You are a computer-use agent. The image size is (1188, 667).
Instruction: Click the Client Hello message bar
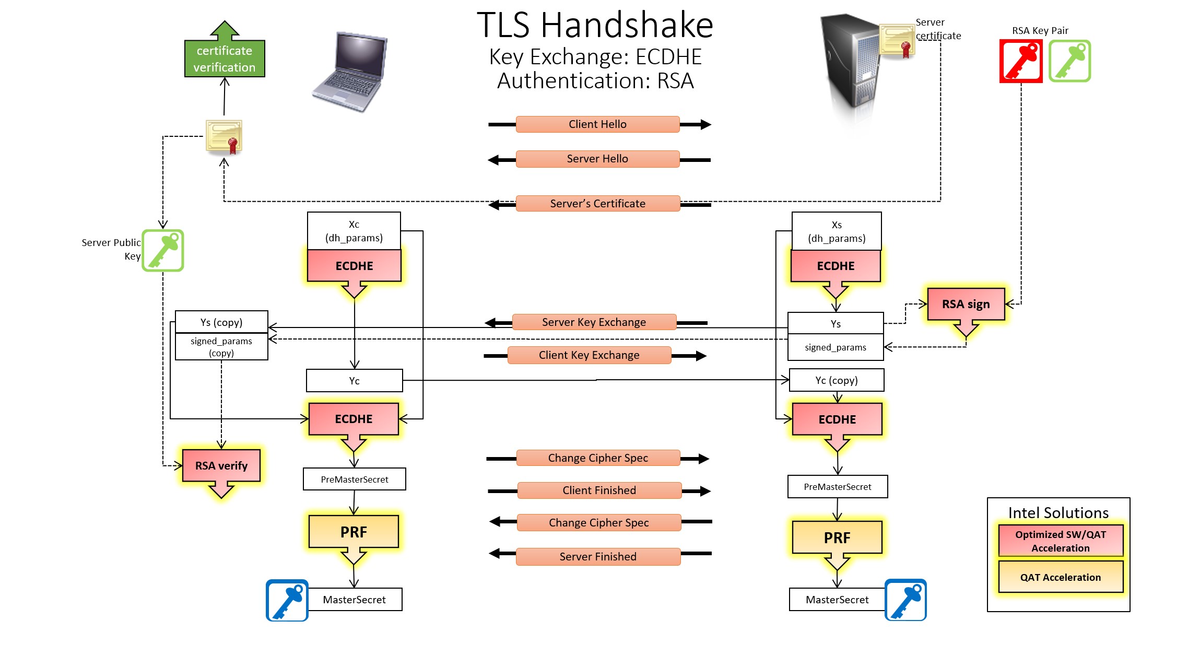coord(597,124)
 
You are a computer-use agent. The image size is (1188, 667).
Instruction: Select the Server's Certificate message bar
coord(597,204)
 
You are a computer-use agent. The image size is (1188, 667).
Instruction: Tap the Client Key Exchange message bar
coord(589,355)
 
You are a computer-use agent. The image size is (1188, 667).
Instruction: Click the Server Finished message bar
coord(598,557)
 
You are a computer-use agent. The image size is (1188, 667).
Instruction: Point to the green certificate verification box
coord(225,58)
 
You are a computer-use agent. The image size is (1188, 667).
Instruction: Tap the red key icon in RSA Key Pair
coord(1021,61)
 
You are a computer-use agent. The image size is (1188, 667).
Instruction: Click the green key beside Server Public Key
coord(163,251)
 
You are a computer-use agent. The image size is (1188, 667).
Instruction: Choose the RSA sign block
coord(966,305)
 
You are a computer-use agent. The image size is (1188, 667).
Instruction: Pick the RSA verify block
coord(221,466)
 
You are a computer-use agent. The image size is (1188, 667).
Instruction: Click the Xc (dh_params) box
coord(354,231)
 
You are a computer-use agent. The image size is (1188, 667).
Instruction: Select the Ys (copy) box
coord(221,322)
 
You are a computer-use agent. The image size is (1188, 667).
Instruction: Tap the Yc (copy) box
coord(837,380)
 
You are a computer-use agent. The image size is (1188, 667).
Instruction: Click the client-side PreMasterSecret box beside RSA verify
coord(355,479)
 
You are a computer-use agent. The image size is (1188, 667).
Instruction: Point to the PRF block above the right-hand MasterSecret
coord(837,538)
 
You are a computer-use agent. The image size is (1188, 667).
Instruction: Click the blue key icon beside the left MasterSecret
coord(287,600)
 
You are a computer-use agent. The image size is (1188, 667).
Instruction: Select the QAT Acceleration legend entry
coord(1061,577)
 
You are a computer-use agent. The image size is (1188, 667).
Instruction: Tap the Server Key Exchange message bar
coord(594,322)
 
